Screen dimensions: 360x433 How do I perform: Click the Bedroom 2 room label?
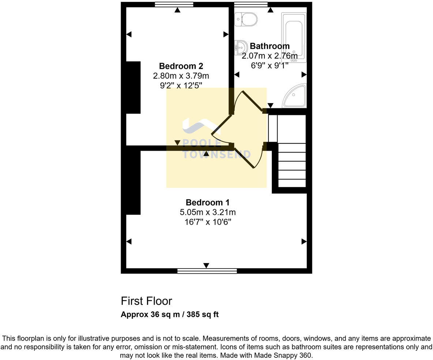pos(181,66)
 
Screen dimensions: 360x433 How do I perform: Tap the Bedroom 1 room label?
pos(207,202)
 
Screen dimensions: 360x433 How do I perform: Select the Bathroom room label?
pos(270,46)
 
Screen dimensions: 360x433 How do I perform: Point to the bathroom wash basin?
pos(240,47)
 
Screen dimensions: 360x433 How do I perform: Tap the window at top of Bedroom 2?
pos(174,4)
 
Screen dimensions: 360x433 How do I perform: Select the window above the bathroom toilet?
pos(251,4)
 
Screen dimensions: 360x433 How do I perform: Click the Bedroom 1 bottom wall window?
pos(207,271)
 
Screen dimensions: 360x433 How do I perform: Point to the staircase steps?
pos(292,165)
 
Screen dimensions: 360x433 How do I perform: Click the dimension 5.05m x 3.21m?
pos(207,212)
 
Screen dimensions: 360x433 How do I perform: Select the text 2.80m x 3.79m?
pos(181,76)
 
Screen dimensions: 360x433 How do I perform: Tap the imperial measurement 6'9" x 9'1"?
pos(270,65)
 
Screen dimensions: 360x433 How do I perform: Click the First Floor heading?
pos(146,301)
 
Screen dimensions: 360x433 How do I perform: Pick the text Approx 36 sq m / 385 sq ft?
pos(170,315)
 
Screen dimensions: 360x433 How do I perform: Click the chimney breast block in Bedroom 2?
pos(133,87)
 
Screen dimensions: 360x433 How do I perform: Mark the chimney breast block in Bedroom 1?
pos(133,182)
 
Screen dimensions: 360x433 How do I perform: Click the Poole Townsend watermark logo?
pos(216,139)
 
